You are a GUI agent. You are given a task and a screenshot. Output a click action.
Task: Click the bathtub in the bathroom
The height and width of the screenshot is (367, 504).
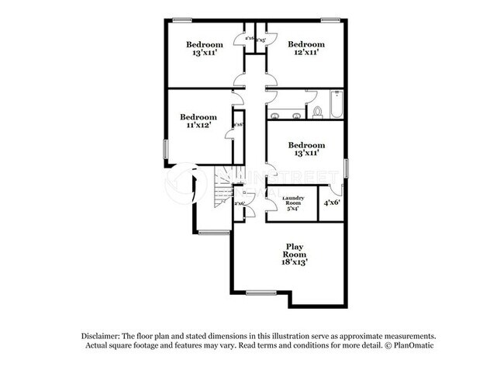(337, 106)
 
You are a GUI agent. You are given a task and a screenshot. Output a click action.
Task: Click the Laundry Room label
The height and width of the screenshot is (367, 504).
(292, 199)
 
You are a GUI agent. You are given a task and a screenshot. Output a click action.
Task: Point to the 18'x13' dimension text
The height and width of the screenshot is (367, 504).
(294, 262)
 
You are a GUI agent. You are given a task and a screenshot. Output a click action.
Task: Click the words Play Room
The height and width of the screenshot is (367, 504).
(294, 250)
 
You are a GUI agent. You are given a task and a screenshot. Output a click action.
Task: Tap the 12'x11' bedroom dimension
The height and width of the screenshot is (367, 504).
(305, 54)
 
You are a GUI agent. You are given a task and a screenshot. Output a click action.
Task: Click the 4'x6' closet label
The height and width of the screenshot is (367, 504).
(332, 203)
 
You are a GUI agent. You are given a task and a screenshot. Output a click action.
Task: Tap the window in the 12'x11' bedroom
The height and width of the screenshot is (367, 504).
(331, 19)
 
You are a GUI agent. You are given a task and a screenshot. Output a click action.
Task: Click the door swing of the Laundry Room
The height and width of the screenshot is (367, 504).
(272, 204)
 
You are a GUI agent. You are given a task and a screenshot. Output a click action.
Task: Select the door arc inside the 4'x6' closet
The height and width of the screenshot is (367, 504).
(335, 189)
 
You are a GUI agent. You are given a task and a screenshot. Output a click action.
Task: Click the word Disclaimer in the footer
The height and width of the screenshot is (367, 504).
(104, 335)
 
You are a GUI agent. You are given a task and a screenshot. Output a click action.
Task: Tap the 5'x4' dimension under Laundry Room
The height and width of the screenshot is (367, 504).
(292, 209)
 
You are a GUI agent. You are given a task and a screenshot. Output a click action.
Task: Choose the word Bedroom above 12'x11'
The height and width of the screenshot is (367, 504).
(305, 44)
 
